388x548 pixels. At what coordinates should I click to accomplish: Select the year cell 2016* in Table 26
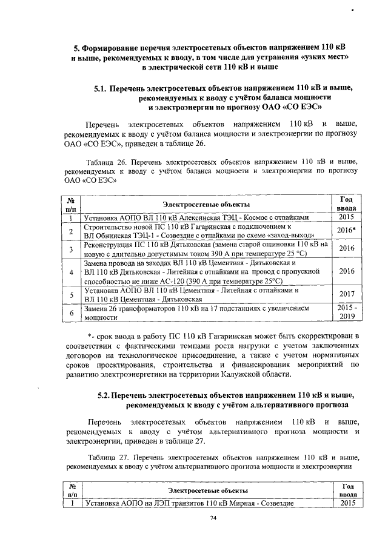[x=346, y=231]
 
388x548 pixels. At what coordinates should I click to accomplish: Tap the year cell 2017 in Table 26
[x=346, y=295]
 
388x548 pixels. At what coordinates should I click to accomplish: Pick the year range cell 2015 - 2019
[x=346, y=312]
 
